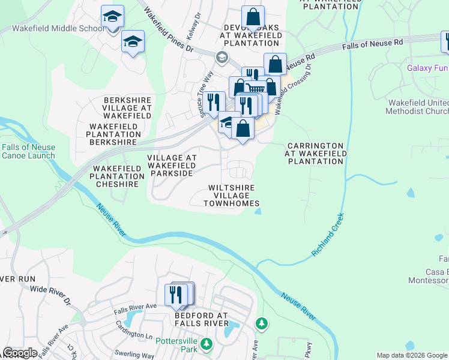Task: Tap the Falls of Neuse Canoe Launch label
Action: [28, 152]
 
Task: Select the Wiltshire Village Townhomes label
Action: [232, 196]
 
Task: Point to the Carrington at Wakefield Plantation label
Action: [315, 154]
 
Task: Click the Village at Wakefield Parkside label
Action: [172, 165]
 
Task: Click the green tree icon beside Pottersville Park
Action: [206, 344]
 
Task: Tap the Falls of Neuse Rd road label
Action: [373, 45]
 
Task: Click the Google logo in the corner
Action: [20, 353]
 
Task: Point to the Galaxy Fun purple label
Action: [427, 67]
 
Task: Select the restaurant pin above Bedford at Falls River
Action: [175, 295]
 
